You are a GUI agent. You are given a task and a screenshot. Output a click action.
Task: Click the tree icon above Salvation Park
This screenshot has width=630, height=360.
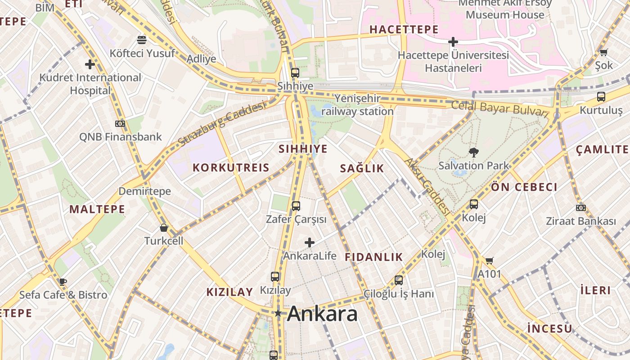click(x=473, y=152)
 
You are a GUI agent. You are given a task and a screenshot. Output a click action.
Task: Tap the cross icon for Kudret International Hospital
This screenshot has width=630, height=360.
click(x=90, y=64)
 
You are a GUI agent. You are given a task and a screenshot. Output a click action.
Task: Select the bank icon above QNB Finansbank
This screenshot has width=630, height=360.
click(x=120, y=123)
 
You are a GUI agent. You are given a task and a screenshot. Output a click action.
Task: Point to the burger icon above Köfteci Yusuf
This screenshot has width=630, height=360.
click(x=142, y=40)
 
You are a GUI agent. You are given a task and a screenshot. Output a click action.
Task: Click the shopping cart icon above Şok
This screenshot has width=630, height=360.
click(x=603, y=52)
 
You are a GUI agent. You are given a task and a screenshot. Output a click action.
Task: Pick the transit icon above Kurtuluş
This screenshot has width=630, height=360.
click(x=601, y=96)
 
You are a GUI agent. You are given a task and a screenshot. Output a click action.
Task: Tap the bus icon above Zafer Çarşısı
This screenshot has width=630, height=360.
click(x=296, y=206)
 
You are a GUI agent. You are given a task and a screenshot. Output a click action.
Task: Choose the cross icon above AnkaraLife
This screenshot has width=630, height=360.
click(x=310, y=243)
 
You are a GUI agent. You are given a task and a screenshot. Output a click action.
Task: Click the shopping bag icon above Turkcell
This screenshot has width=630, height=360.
click(x=164, y=228)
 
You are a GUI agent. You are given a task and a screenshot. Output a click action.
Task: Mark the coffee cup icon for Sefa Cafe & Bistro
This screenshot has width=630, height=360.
click(x=63, y=282)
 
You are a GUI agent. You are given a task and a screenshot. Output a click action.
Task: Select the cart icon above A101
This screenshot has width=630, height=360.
click(x=490, y=261)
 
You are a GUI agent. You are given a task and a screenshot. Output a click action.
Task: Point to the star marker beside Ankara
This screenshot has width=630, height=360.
click(x=279, y=313)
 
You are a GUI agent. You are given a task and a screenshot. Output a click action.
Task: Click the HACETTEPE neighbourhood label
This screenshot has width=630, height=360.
click(x=404, y=30)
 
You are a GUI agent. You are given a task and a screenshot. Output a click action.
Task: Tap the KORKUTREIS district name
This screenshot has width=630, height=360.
click(x=231, y=168)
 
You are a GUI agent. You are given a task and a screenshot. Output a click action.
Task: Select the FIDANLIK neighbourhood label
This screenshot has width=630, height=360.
click(x=373, y=257)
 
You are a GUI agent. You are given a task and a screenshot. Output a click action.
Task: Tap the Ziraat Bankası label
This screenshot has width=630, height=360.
click(x=580, y=221)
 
